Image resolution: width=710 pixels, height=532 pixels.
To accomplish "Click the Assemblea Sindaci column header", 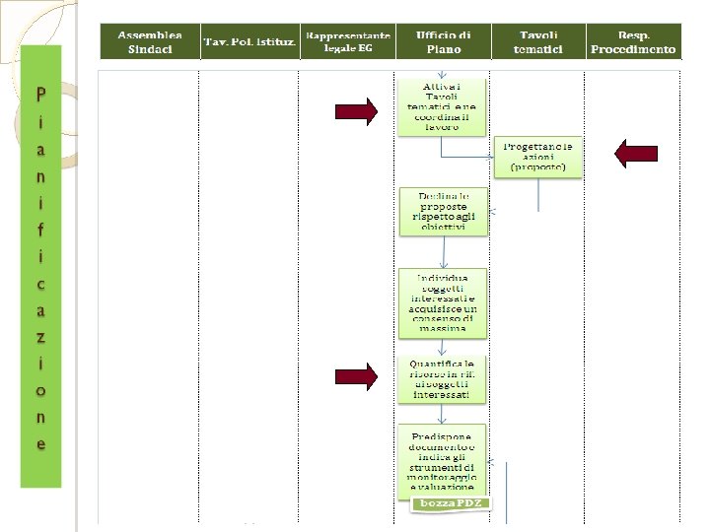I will coord(149,41).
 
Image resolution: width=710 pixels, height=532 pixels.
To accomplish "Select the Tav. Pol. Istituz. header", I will coord(249,41).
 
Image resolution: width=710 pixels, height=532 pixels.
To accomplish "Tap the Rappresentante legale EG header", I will coord(346,41).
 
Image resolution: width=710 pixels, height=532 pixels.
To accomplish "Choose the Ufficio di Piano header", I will coord(443,41).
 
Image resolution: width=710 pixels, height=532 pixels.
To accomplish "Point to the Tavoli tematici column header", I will coord(538,41).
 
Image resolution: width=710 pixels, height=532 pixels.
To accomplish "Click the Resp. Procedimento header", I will coord(633,41).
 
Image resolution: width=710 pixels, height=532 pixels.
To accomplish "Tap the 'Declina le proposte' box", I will coord(443,209).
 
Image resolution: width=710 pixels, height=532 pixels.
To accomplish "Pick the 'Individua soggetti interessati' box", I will coord(443,299).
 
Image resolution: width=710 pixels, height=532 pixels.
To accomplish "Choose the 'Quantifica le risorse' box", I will coord(443,378).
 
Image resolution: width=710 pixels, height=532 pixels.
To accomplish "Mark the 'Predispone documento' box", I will coord(443,461).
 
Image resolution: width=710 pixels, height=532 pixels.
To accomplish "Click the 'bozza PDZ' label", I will coord(450,503).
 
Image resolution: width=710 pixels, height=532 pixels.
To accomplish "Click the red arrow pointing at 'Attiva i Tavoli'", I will coord(356,112).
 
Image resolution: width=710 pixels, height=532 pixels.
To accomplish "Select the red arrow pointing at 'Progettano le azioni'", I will coord(636,153).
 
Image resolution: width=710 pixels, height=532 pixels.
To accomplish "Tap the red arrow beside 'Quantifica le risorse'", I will coord(356,375).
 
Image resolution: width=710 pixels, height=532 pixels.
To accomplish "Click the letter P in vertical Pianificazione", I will coord(40,96).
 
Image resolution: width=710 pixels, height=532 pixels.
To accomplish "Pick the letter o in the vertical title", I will coord(40,391).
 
